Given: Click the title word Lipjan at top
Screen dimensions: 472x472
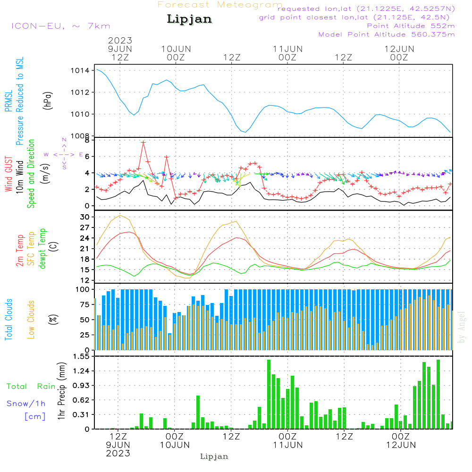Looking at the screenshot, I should click(x=189, y=19).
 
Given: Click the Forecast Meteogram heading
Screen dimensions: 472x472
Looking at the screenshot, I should click(x=220, y=5).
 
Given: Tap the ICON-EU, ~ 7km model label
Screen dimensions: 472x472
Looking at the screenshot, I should click(x=60, y=26).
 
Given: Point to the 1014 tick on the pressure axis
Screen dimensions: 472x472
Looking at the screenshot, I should click(x=80, y=71).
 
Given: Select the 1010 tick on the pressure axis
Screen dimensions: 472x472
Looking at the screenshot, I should click(x=80, y=114).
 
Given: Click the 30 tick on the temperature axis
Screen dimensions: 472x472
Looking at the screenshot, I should click(x=84, y=217).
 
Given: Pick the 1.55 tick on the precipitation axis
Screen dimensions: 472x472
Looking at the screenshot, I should click(x=81, y=356).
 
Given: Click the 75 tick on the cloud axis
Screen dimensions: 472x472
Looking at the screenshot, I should click(x=84, y=304).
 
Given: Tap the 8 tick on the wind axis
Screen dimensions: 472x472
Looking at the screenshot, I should click(x=86, y=140).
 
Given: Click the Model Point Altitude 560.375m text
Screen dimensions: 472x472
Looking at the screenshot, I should click(x=387, y=34).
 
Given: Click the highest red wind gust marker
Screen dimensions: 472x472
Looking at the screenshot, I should click(x=143, y=142).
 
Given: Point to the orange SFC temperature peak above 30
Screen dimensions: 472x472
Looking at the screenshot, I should click(x=120, y=216).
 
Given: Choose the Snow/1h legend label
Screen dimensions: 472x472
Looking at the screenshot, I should click(x=26, y=404).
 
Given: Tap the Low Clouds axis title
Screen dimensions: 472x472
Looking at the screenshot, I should click(x=31, y=319).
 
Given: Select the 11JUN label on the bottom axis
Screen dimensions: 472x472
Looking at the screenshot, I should click(x=287, y=445).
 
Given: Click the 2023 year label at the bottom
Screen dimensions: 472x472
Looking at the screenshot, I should click(x=118, y=454).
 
